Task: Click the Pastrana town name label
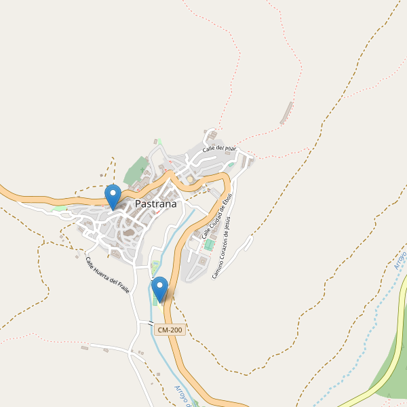155,203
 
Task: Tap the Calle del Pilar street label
218,148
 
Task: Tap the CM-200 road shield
170,330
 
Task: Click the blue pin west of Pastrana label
113,196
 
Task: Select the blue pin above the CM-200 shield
160,288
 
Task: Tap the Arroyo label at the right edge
400,259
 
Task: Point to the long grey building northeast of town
288,113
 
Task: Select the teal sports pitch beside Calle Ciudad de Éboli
210,244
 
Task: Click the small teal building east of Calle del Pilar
231,163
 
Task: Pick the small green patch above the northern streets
159,140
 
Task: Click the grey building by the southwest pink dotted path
84,348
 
